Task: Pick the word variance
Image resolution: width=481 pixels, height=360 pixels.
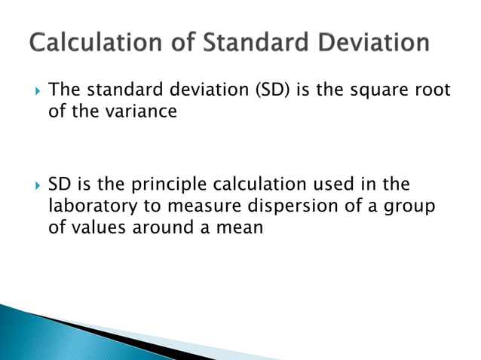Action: tap(146, 113)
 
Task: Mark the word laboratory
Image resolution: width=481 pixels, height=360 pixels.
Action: tap(90, 206)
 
